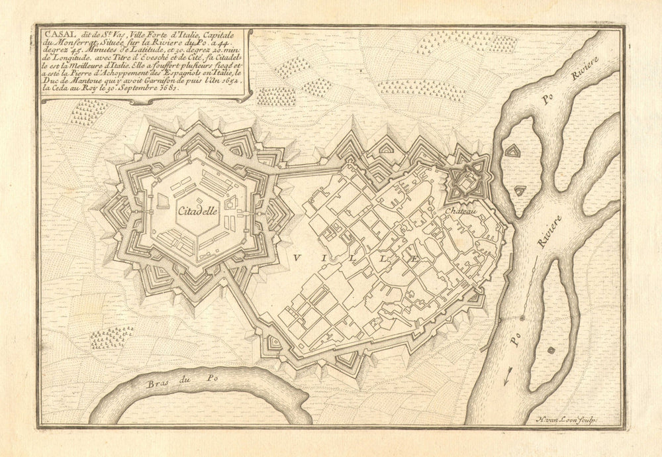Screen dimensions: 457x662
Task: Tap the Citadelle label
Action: (197, 212)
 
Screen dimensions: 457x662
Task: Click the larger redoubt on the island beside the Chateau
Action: (512, 152)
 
